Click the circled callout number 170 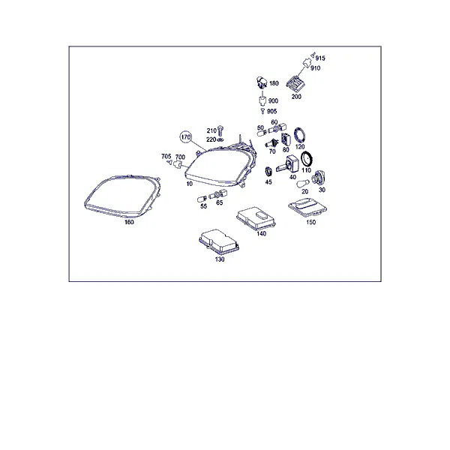pos(186,137)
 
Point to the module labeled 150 pos(307,208)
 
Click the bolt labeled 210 pos(220,130)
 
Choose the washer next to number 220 pos(220,139)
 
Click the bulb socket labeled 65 pos(217,195)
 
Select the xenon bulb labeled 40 pos(289,163)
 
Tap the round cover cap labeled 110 pos(307,159)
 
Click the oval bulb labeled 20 pos(303,183)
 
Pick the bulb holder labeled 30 pos(319,178)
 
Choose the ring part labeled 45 pos(268,172)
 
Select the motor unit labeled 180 pos(262,82)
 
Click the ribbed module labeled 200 pos(295,83)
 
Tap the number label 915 pos(320,58)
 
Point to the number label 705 pos(166,157)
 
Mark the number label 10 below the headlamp pos(190,184)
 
